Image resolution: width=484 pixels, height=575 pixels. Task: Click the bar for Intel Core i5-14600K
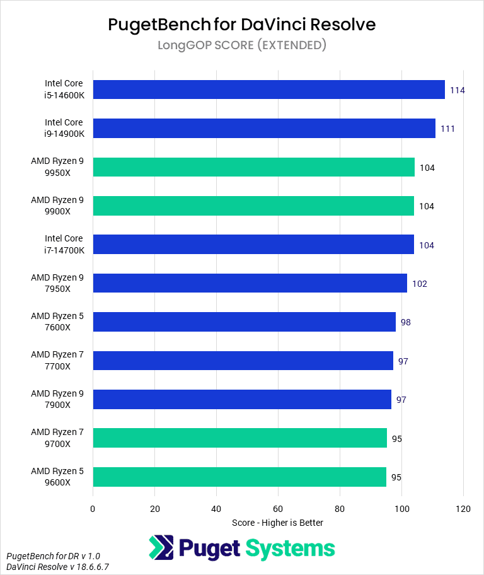pos(268,90)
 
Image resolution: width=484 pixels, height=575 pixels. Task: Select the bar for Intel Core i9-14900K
pos(264,129)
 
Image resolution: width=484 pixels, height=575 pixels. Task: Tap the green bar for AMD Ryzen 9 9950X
pos(253,167)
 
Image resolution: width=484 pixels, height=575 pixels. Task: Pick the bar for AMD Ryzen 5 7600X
pos(244,322)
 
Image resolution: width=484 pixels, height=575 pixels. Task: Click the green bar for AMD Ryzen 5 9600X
pos(239,477)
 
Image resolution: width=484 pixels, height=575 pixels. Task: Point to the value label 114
pos(458,90)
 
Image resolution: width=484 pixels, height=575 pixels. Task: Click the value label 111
pos(448,129)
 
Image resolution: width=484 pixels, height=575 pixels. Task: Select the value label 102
pos(420,284)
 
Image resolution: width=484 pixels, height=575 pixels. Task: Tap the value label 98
pos(405,322)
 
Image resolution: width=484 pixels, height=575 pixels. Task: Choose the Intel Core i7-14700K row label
pos(64,245)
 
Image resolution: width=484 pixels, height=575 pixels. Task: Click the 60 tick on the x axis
pos(278,509)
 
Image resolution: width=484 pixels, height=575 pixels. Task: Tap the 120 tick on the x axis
pos(463,509)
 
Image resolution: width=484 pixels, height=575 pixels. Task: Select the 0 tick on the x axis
pos(93,509)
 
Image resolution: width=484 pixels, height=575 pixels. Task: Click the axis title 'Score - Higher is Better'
pos(277,523)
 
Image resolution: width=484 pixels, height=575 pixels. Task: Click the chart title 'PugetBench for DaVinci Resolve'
pos(242,25)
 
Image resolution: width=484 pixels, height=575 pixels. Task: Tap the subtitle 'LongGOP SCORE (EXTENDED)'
pos(242,45)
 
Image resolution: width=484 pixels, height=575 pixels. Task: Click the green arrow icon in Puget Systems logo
pos(161,548)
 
